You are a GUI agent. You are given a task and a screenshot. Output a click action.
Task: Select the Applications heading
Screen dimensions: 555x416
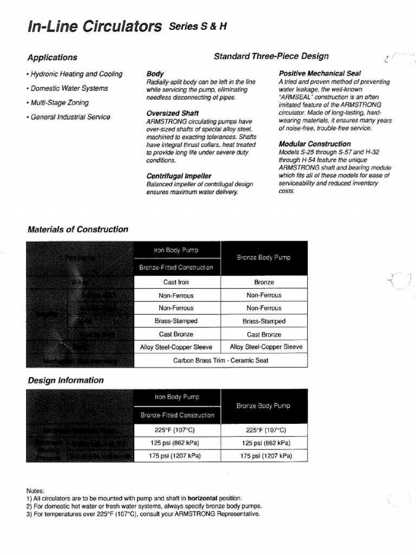coord(52,57)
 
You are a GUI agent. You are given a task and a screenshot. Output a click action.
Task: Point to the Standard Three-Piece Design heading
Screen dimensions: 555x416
coord(271,56)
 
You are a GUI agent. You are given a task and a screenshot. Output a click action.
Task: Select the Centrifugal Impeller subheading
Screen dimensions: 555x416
coord(179,176)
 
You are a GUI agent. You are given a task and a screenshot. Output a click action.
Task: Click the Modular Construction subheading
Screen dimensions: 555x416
coord(314,144)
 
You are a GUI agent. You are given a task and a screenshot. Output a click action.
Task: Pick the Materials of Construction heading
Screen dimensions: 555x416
coord(77,229)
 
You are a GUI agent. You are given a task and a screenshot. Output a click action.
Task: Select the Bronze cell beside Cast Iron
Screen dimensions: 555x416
coord(264,282)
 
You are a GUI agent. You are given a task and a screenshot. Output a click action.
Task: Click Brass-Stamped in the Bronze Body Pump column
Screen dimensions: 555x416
coord(264,321)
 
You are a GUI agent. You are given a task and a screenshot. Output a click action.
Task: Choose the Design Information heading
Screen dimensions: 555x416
coord(66,380)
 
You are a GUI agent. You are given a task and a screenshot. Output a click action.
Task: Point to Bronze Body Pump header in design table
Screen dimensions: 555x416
coord(264,406)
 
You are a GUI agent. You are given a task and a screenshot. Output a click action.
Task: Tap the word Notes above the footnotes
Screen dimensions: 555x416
coord(36,490)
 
